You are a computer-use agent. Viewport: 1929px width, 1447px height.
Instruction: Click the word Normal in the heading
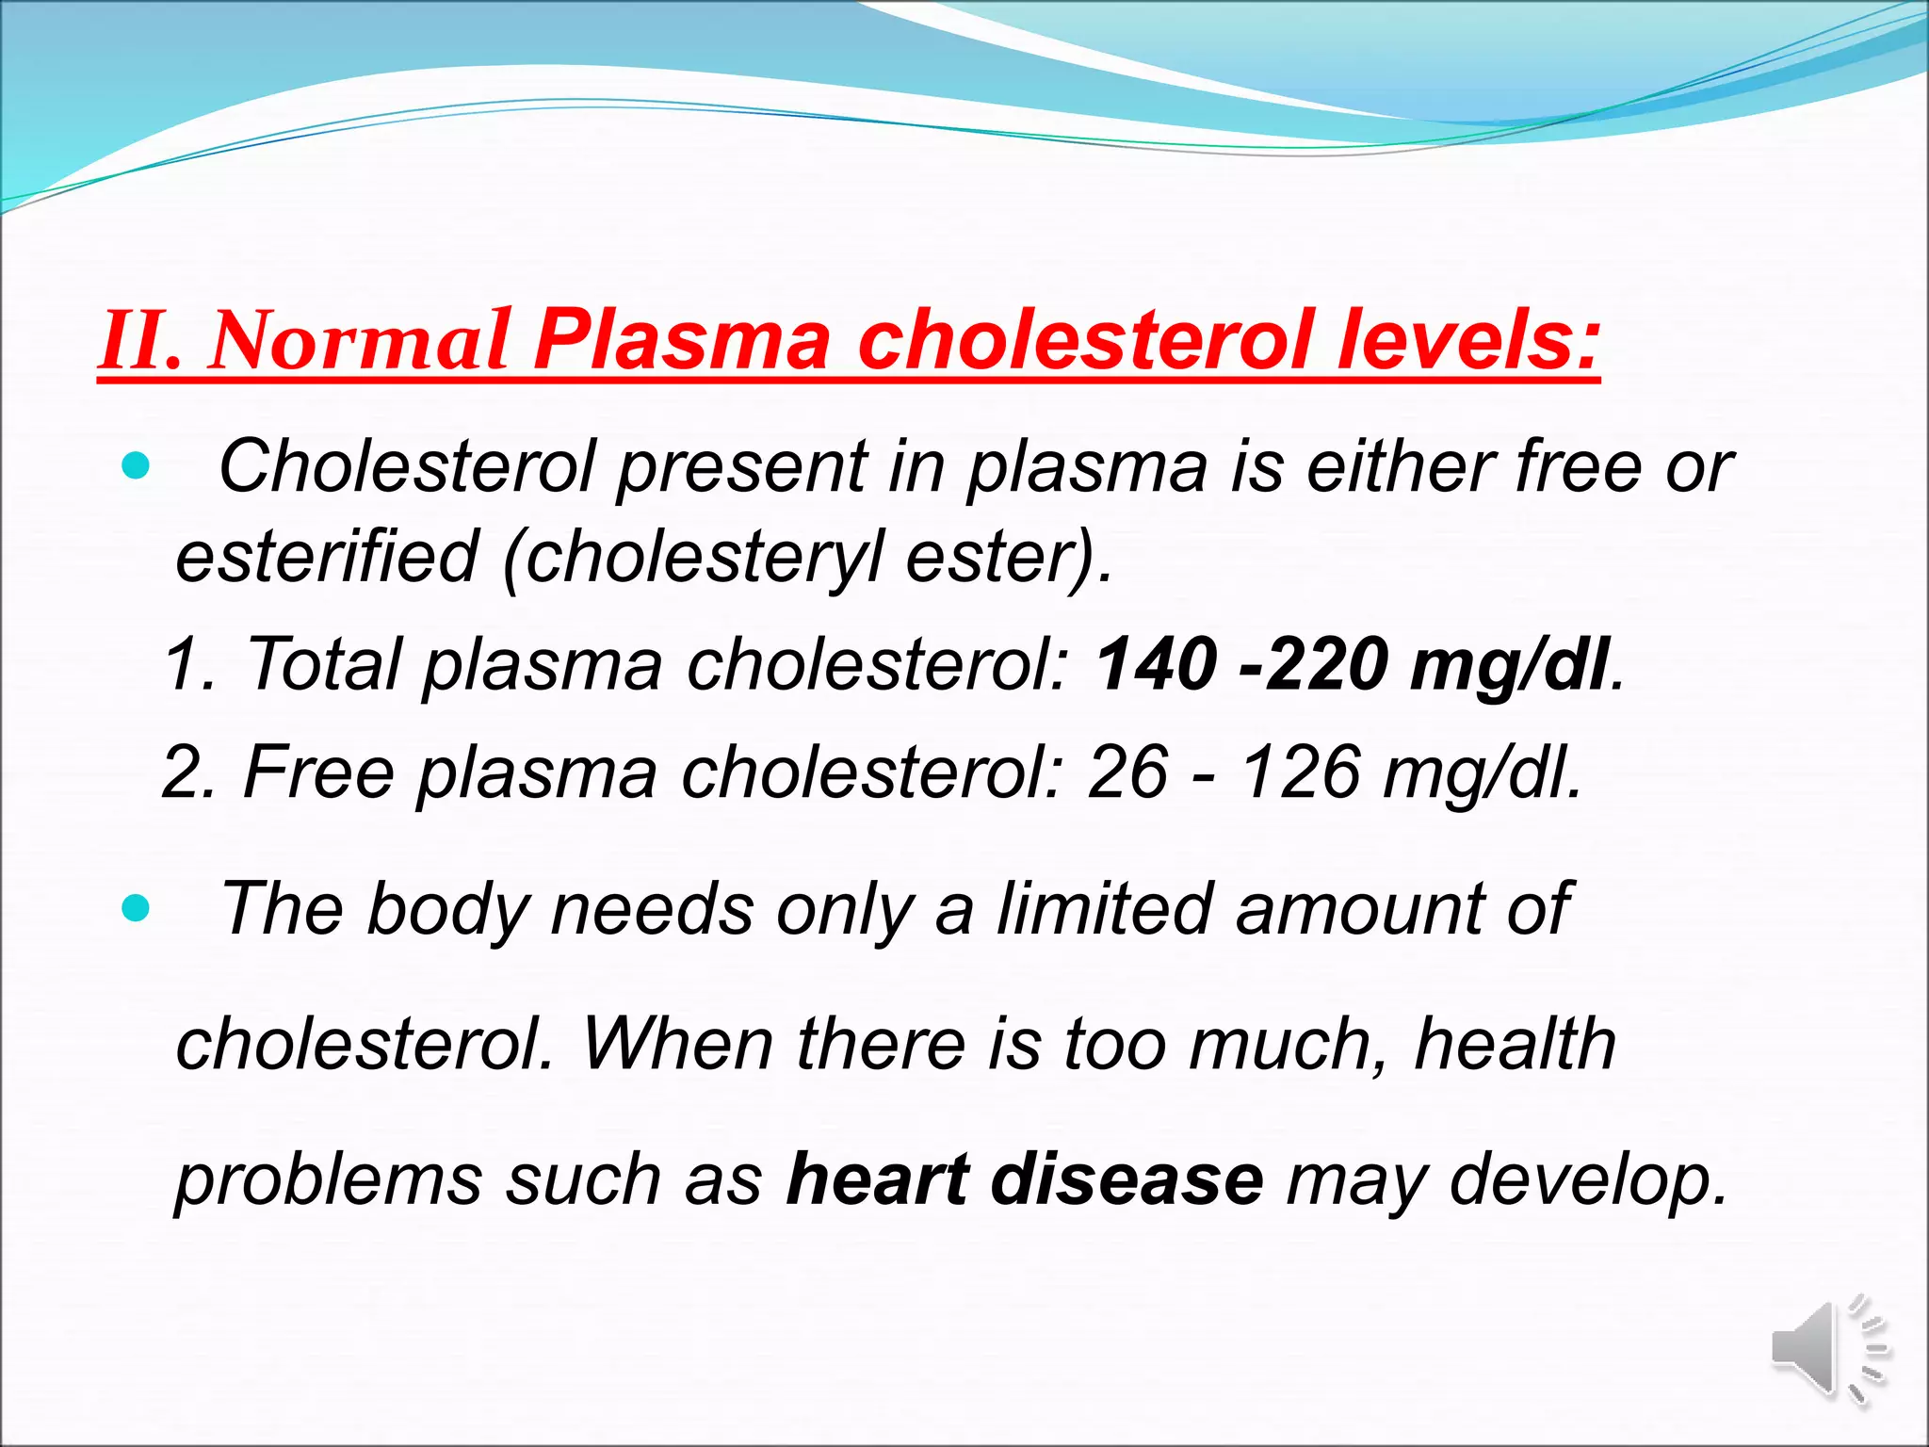pos(361,340)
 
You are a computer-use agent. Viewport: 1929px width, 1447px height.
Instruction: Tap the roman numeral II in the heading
pos(139,340)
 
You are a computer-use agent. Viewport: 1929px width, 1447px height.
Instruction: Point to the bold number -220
pos(1315,663)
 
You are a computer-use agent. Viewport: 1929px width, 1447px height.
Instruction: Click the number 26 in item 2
pos(1127,772)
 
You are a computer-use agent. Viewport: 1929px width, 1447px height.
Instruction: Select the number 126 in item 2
pos(1300,772)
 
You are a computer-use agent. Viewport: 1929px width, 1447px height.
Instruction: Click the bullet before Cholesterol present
pos(137,465)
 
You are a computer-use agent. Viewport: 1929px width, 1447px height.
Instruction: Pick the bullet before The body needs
pos(137,908)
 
